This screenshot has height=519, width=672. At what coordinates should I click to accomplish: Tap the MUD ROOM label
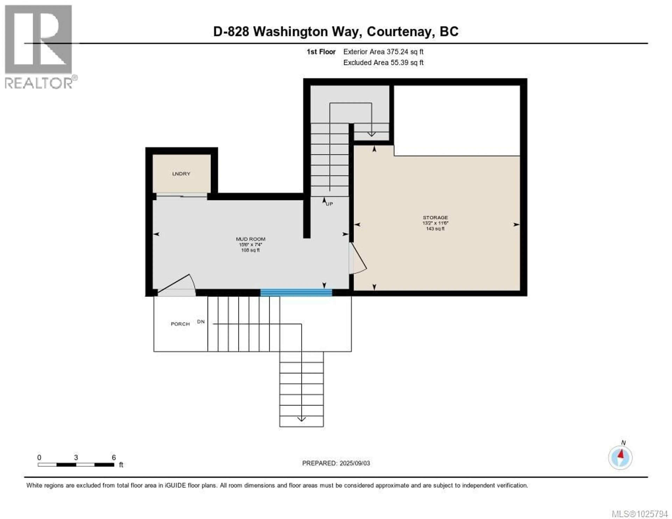pos(250,239)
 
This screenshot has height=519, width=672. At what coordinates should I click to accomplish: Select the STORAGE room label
pos(435,218)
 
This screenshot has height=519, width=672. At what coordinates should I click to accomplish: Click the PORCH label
pos(180,324)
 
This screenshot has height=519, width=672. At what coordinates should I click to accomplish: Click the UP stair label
pos(330,204)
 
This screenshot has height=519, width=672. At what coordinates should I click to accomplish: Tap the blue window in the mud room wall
pos(296,293)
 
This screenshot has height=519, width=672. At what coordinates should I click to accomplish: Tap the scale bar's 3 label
pos(76,457)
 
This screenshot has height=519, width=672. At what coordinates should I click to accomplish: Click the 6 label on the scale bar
pos(114,457)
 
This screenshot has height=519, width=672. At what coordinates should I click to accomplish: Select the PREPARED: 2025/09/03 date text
pos(336,463)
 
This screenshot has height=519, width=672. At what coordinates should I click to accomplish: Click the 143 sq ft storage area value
pos(435,229)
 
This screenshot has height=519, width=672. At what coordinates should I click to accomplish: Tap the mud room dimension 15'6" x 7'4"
pos(250,245)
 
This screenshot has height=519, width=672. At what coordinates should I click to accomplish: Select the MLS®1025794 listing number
pos(639,514)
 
